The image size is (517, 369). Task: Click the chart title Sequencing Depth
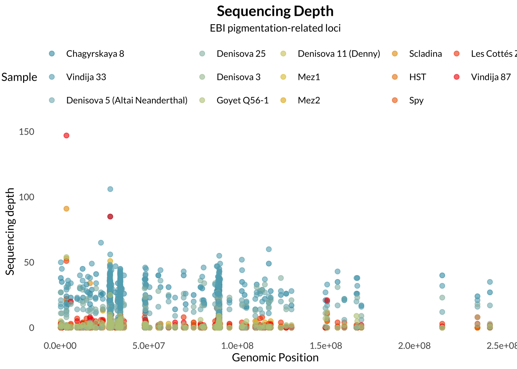(275, 11)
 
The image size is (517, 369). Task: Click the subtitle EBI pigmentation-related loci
(275, 28)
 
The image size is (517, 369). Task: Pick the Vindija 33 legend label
(86, 77)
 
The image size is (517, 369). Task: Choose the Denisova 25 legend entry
(241, 53)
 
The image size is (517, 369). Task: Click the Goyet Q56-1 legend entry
(242, 100)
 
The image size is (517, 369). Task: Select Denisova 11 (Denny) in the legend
(339, 53)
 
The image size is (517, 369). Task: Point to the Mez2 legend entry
(309, 100)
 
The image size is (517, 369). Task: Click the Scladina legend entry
(425, 53)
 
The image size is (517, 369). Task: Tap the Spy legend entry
(416, 100)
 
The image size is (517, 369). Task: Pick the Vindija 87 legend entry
(490, 77)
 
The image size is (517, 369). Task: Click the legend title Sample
(19, 77)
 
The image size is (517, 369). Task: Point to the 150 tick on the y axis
(27, 132)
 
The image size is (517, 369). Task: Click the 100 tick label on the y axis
(27, 197)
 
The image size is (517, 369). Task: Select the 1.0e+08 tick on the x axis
(237, 346)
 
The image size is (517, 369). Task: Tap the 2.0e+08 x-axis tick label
(414, 346)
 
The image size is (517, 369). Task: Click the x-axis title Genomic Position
(275, 357)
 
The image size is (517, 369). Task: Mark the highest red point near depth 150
(66, 135)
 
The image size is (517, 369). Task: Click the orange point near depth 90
(66, 209)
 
